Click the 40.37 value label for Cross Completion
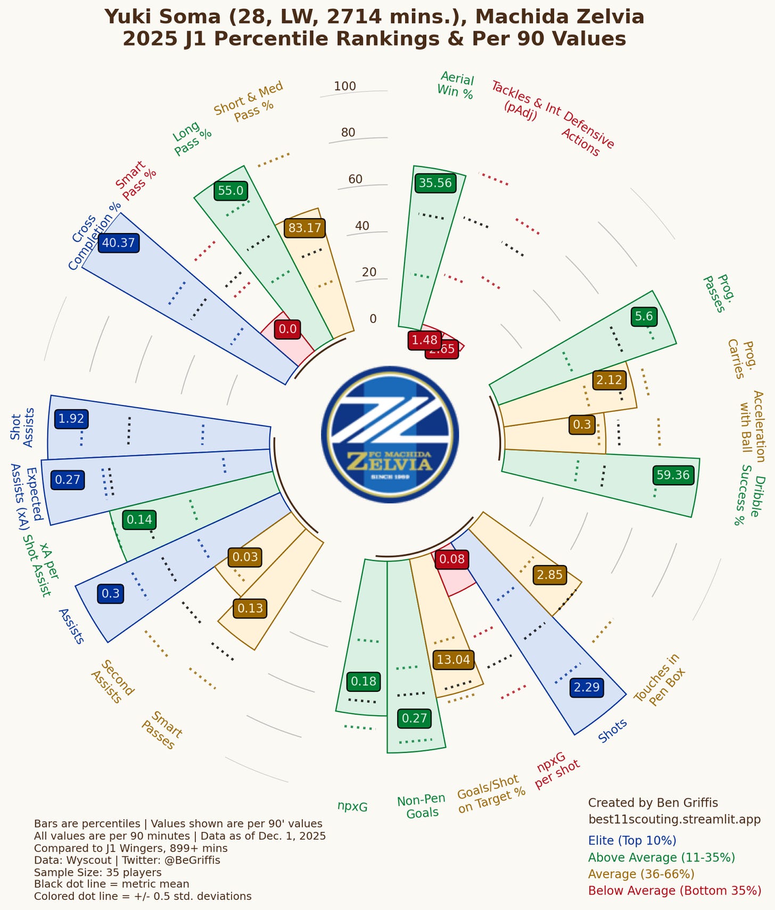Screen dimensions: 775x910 point(119,243)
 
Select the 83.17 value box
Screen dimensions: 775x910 point(304,228)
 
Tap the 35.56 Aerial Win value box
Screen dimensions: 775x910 point(435,183)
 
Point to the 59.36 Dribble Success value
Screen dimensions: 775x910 point(673,475)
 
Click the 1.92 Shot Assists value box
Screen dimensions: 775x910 point(71,419)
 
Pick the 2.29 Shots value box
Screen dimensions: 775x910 point(587,687)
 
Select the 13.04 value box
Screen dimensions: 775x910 point(453,660)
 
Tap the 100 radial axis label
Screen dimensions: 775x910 point(345,86)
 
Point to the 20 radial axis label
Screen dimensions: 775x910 point(369,272)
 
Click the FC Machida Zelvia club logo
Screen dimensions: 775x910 point(390,434)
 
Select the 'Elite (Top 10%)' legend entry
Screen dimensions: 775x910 point(632,841)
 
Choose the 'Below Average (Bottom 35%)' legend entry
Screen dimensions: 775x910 point(674,891)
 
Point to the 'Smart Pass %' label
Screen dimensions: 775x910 point(136,181)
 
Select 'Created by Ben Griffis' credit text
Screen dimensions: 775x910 point(653,803)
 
